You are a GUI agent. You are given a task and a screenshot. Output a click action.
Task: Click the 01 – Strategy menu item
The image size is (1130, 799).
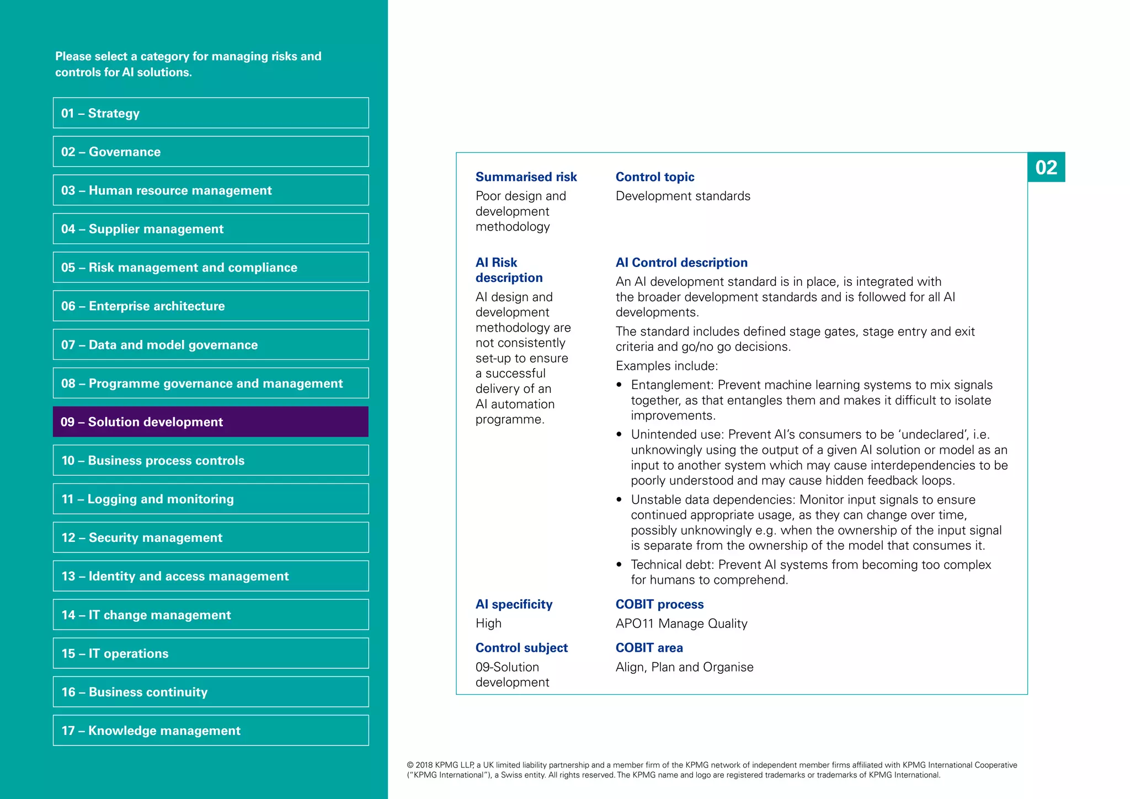click(x=211, y=113)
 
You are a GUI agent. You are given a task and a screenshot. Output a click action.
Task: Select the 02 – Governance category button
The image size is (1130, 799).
click(x=211, y=152)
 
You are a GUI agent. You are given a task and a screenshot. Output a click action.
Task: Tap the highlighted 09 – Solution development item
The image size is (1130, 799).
click(x=211, y=422)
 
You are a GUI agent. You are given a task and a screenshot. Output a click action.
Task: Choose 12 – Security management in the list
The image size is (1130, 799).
click(x=211, y=537)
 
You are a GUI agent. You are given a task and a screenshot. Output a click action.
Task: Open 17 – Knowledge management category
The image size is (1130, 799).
click(x=211, y=731)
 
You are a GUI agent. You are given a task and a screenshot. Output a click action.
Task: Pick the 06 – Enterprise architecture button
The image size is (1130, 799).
click(x=211, y=306)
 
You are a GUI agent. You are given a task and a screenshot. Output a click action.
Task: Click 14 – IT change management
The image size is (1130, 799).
click(x=211, y=615)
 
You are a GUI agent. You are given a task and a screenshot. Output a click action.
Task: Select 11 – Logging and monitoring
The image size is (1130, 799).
click(x=211, y=499)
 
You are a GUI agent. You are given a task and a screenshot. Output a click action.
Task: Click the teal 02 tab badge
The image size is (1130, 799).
click(x=1046, y=167)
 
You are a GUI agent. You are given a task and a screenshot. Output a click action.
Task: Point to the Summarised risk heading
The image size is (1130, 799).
click(x=526, y=177)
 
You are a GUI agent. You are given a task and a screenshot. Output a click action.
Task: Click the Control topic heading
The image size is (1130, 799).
click(x=655, y=177)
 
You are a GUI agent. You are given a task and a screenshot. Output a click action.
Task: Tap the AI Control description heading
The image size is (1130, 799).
click(x=681, y=263)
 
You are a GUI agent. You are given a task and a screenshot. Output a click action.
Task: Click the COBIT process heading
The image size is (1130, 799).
click(x=659, y=604)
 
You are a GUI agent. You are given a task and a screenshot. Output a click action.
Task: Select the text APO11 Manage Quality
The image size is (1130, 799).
click(x=681, y=624)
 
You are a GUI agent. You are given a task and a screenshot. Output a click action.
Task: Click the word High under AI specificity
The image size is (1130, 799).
click(x=488, y=624)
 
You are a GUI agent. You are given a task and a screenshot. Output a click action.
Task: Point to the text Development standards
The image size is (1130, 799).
click(x=683, y=196)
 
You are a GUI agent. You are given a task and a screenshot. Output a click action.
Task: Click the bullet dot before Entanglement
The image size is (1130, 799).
click(x=619, y=385)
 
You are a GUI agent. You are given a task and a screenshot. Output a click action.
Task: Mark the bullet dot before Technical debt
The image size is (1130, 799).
click(x=619, y=564)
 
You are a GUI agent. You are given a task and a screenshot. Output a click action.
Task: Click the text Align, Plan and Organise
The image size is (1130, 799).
click(x=684, y=667)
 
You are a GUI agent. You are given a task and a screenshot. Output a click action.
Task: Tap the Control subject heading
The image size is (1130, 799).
click(x=521, y=648)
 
